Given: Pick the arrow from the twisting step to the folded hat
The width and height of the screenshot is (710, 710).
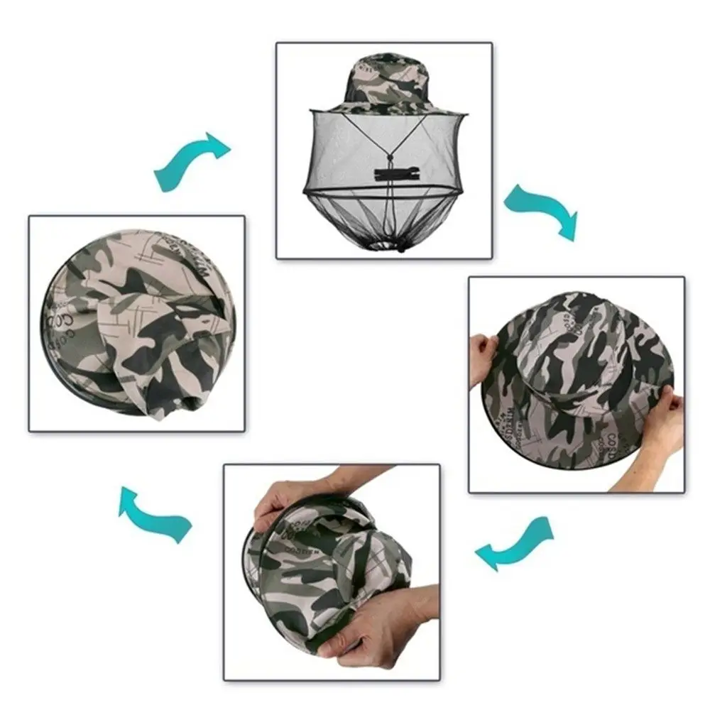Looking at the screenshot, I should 155,513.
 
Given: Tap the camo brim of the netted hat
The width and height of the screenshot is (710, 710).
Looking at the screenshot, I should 383,106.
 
